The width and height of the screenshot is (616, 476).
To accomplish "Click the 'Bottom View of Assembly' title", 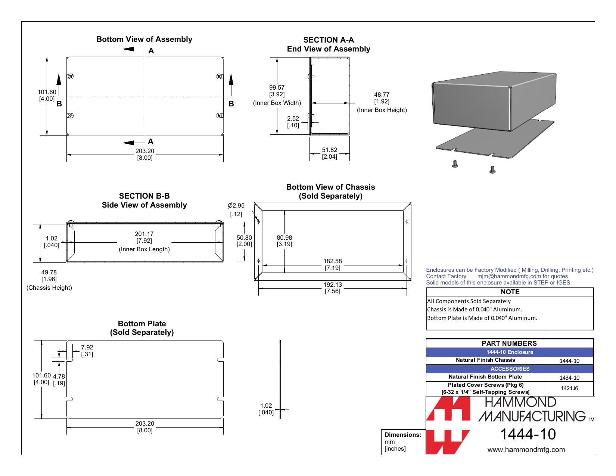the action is pos(144,39).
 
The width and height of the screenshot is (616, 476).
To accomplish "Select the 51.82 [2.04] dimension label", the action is pos(329,153).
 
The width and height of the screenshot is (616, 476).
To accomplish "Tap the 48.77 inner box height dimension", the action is pos(382,98).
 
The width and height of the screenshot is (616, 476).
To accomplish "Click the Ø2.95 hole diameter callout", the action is pos(236,209).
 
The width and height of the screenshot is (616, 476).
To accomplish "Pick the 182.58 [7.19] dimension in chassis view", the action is pos(333,264).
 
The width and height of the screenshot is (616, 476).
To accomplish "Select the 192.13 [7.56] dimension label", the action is pos(333,287).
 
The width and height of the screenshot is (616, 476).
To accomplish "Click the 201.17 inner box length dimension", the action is pos(144,237).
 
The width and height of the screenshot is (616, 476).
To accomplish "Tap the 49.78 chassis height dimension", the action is pos(49,276).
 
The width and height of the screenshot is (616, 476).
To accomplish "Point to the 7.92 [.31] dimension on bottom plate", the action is pos(87,351).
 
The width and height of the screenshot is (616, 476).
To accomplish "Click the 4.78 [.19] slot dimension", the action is pos(59,380).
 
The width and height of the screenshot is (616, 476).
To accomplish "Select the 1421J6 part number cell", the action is pos(569,388).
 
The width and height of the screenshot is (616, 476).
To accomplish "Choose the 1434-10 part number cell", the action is pos(569,377).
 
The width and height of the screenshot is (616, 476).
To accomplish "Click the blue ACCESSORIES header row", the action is pos(510,368).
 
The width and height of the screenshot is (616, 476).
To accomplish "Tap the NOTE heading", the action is pos(510,292).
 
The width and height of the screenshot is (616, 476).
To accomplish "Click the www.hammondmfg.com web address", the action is pos(526,449).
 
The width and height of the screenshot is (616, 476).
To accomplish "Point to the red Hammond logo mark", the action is pos(448,425).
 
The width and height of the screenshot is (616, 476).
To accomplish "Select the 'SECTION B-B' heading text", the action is pos(144,196).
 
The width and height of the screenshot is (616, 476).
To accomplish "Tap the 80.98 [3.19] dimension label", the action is pos(284,241).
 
